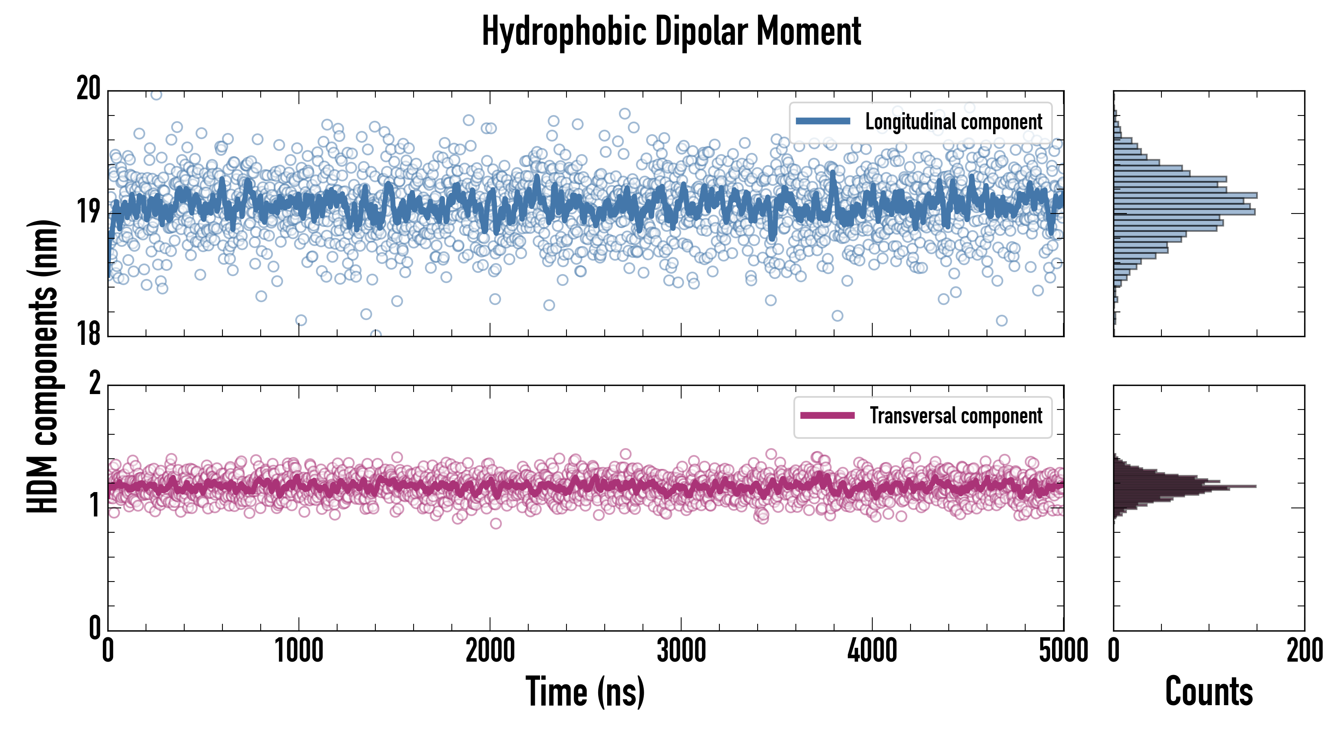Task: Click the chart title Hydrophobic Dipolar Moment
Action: [x=671, y=32]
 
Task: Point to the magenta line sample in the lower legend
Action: [x=827, y=416]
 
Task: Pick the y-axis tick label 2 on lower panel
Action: [x=94, y=383]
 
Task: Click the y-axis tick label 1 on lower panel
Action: [x=94, y=506]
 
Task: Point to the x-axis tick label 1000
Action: [x=299, y=651]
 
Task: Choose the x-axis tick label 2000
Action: [x=490, y=651]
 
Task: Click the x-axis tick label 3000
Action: [x=681, y=651]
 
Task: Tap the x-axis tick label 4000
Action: [x=872, y=651]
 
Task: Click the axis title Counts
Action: [x=1209, y=692]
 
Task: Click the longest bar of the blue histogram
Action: [x=1185, y=195]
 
